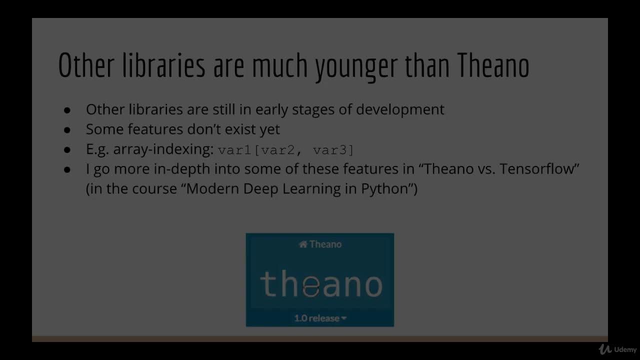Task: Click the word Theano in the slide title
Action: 493,66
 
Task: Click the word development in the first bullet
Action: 400,109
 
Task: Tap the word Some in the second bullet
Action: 105,129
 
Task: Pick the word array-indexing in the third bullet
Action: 163,149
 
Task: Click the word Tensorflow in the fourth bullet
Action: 538,169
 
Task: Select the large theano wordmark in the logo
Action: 320,283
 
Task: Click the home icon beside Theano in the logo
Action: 302,244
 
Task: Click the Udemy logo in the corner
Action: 617,349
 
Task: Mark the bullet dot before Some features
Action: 67,129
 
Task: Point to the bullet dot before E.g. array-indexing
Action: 67,149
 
